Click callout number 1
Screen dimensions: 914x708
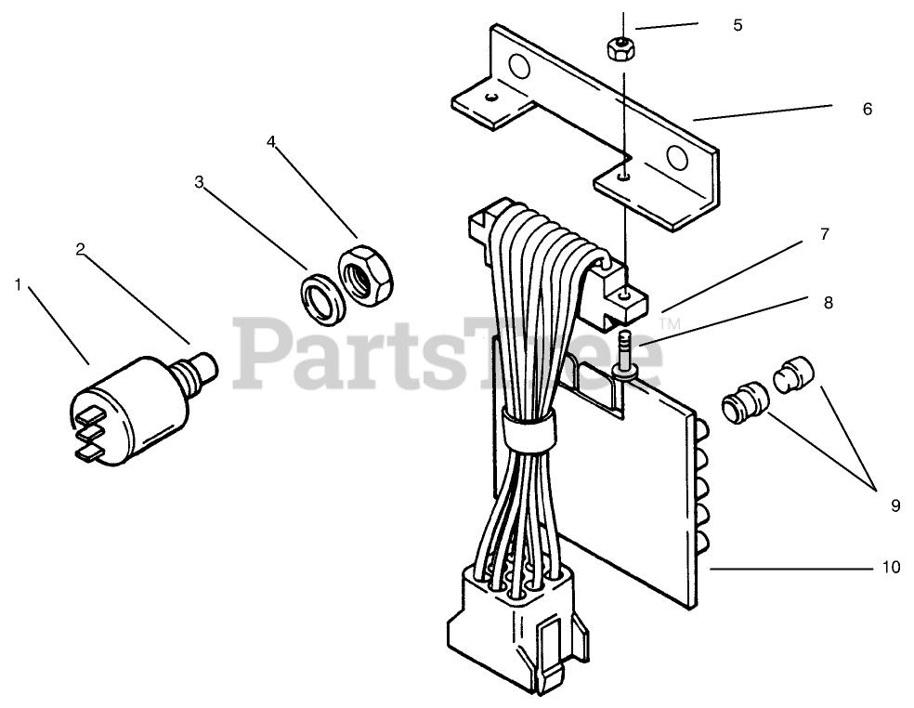point(18,284)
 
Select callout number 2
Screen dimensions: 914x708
point(81,249)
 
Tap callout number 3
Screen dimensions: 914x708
point(199,182)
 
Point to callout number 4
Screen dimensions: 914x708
point(271,141)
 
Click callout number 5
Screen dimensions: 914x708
point(738,25)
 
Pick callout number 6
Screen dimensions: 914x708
point(868,109)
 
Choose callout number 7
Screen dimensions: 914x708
point(824,235)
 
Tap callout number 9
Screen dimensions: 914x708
point(895,505)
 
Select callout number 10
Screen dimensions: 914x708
point(891,566)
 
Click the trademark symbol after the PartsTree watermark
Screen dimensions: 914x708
point(668,322)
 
